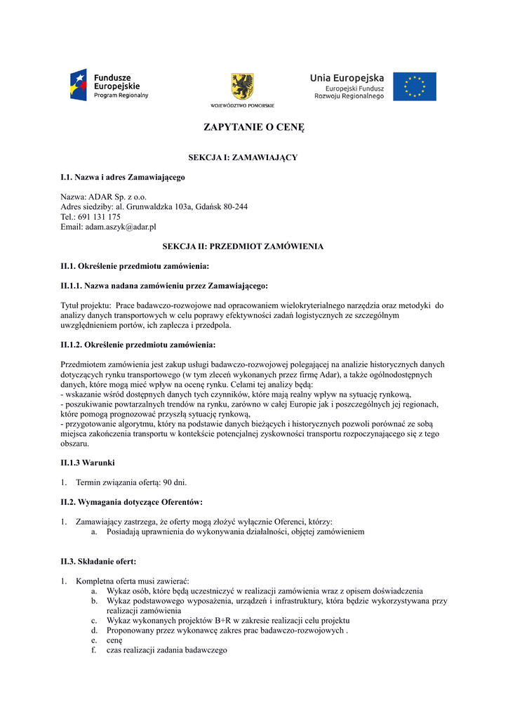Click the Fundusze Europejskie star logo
tap(78, 86)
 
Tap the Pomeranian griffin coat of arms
tap(243, 86)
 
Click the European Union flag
tap(414, 86)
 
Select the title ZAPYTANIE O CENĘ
tap(254, 128)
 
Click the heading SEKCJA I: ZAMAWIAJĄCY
tap(243, 157)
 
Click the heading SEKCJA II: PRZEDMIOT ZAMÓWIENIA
tap(243, 246)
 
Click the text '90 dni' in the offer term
tap(175, 482)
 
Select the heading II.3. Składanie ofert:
tap(98, 561)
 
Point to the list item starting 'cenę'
tap(114, 640)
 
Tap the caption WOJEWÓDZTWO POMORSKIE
tap(243, 105)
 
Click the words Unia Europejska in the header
tap(347, 78)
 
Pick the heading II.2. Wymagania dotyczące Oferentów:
tap(132, 502)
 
